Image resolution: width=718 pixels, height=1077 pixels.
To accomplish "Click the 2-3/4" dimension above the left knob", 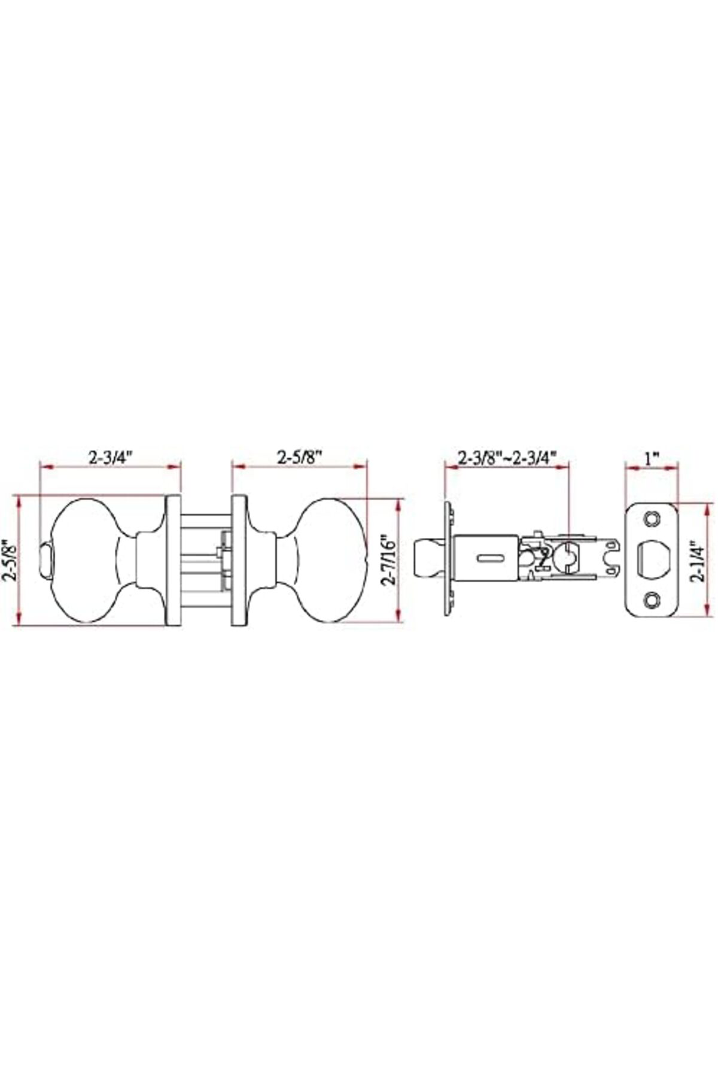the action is pyautogui.click(x=110, y=458).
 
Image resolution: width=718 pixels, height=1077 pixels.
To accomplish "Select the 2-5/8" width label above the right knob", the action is pyautogui.click(x=300, y=458).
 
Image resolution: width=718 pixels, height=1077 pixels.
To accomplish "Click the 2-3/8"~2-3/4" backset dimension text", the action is pyautogui.click(x=507, y=458).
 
